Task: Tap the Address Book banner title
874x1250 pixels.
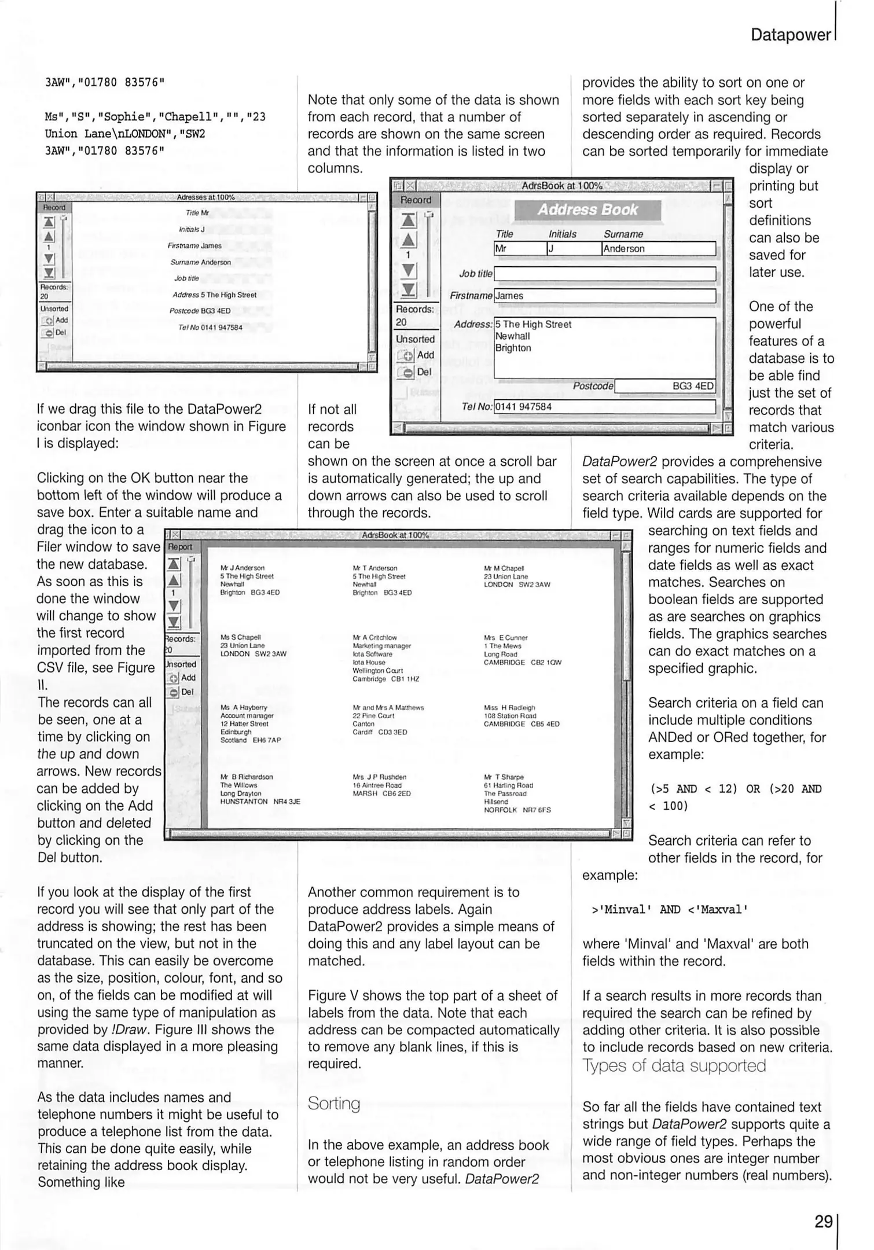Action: [587, 209]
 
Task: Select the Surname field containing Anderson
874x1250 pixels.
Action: [658, 249]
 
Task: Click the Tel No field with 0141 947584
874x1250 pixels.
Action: [604, 407]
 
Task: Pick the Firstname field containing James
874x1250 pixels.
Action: [604, 296]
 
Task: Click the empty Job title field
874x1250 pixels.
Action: [604, 274]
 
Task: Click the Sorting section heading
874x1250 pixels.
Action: [333, 1104]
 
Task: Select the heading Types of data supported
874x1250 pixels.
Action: [674, 1066]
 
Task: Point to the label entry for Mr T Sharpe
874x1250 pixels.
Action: [517, 793]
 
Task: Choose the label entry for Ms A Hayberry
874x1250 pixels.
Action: [250, 723]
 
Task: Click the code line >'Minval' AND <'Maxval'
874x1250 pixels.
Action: [670, 910]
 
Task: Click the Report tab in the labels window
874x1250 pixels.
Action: [180, 547]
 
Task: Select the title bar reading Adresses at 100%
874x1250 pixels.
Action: [205, 197]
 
